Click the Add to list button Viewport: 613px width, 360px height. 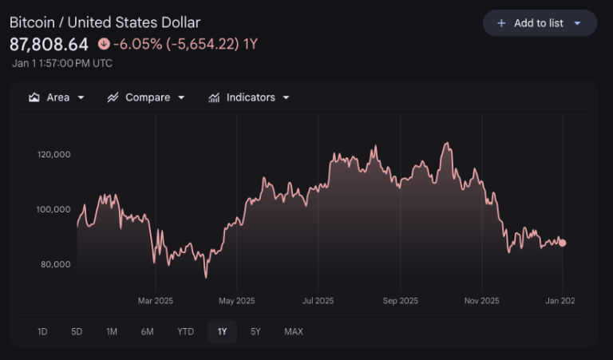point(540,23)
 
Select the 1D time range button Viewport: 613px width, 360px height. point(42,331)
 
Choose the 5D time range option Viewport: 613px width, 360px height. point(77,331)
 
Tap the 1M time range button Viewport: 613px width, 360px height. point(112,331)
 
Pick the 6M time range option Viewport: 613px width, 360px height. point(147,331)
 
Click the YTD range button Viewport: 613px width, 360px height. point(185,331)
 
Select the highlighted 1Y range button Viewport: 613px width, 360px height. point(222,331)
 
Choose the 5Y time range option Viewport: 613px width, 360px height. point(255,331)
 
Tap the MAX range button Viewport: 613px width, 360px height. point(294,331)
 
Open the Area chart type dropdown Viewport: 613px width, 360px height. point(56,97)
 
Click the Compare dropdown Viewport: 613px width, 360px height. point(146,97)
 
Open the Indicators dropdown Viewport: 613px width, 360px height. point(249,97)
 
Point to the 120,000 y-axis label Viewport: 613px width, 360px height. point(54,154)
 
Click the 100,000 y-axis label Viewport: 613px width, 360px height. point(54,209)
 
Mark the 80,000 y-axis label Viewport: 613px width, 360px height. point(56,264)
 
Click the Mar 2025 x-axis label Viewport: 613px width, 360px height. point(156,301)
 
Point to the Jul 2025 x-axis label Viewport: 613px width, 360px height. point(318,301)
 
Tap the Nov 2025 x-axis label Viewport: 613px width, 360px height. point(481,301)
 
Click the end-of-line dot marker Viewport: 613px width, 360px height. point(563,243)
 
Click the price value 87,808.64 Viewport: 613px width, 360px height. point(49,44)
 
